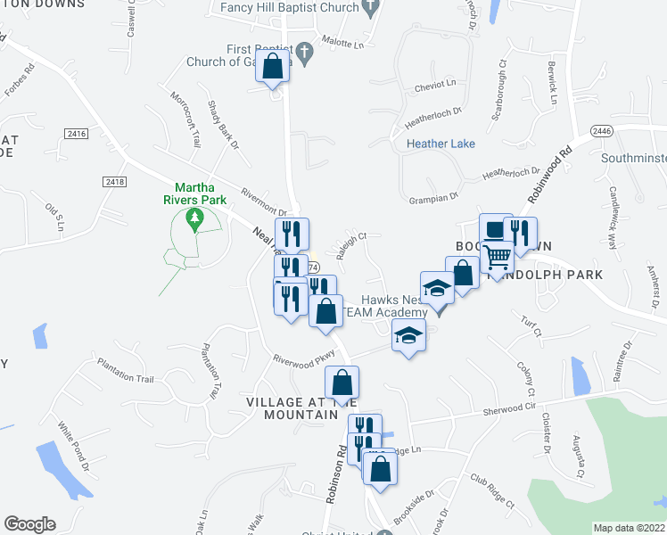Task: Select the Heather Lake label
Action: (x=441, y=144)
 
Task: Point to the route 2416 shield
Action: (x=78, y=134)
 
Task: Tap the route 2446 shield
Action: (x=602, y=130)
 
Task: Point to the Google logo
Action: (x=29, y=524)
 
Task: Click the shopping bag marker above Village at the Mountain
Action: (x=342, y=383)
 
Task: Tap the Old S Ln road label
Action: (x=54, y=218)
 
